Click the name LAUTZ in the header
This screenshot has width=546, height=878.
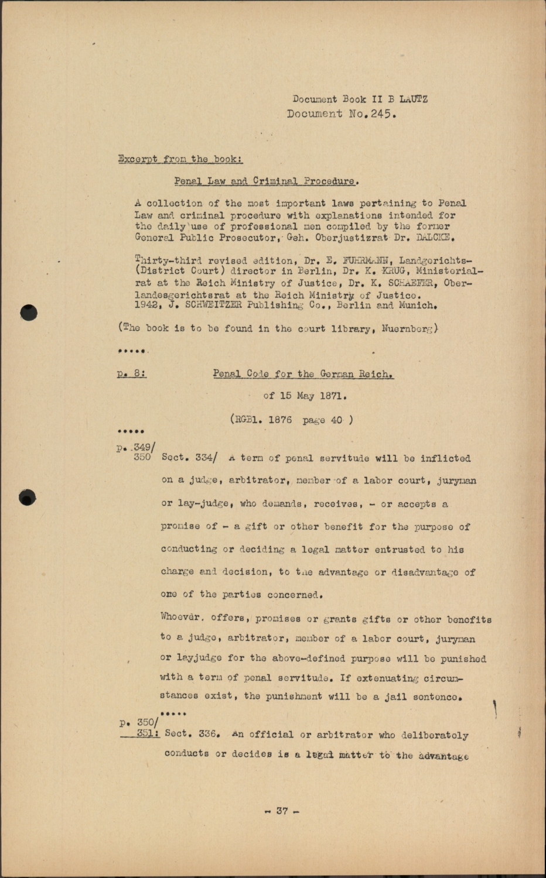(414, 99)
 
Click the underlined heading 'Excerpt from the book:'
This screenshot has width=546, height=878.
(180, 159)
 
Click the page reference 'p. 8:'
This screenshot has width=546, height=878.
(132, 373)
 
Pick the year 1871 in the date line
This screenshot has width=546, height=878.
(333, 396)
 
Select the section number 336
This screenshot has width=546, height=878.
(209, 734)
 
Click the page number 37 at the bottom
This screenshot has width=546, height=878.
(282, 811)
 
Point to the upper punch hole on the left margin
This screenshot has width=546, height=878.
(28, 313)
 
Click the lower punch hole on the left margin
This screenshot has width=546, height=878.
(28, 498)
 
